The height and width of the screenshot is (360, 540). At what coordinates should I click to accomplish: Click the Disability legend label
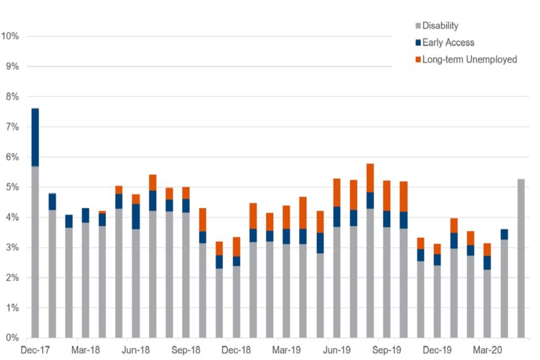coord(440,26)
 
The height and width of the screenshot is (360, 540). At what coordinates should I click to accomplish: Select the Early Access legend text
coord(448,43)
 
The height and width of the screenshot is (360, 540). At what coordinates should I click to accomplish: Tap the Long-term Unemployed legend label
coord(469,60)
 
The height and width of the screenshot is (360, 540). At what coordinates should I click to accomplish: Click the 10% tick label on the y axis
coord(11,37)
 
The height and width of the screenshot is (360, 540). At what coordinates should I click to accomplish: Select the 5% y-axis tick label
coord(12,187)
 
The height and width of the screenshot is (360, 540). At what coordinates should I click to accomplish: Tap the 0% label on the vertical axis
coord(12,338)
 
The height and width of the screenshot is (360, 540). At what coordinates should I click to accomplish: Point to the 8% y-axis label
coord(12,97)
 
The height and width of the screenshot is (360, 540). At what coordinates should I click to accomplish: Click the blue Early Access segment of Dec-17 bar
coord(35,137)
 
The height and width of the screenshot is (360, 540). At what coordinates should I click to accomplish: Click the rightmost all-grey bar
coord(521,259)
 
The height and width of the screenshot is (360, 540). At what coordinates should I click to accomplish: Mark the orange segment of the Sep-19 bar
coord(386,196)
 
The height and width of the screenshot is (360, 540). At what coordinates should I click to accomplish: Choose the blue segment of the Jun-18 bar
coord(136,217)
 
